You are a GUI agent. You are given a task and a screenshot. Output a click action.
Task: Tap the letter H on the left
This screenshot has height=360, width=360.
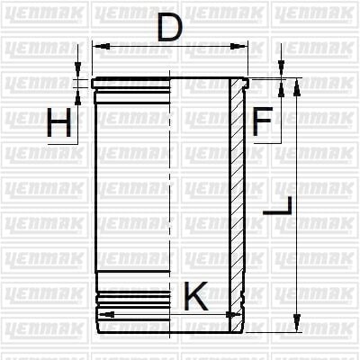[x=59, y=124]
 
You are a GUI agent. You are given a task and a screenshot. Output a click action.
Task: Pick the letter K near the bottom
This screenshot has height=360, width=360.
[x=195, y=295]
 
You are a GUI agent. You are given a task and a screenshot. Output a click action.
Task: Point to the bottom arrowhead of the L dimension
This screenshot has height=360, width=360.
[x=294, y=326]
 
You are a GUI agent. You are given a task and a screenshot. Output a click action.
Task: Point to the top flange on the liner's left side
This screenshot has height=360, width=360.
[x=135, y=82]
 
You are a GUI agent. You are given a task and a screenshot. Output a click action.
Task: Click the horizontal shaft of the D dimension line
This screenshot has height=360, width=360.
[x=171, y=45]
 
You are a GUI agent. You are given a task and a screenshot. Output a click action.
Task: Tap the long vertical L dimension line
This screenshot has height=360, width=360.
[x=294, y=207]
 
